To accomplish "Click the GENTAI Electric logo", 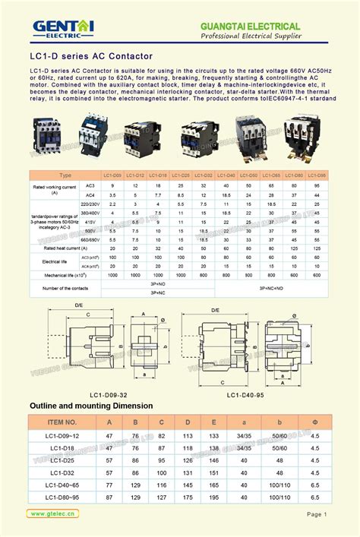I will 63,29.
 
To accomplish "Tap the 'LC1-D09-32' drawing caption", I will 108,394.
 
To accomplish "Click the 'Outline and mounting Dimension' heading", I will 91,406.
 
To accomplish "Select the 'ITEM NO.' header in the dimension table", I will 62,422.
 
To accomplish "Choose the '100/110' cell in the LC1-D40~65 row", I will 279,485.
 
